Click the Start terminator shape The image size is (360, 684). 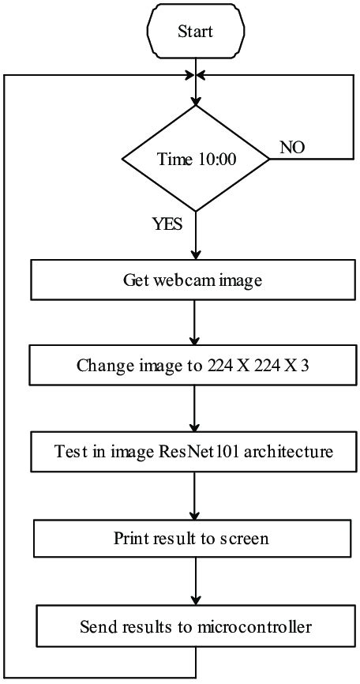click(194, 32)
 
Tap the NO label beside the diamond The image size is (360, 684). click(293, 148)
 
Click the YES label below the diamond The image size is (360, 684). click(167, 224)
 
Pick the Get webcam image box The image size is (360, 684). click(194, 279)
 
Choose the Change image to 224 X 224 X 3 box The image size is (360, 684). click(194, 366)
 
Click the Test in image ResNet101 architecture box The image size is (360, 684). click(194, 453)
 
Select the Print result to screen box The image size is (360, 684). click(194, 539)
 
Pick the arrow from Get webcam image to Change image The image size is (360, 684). click(194, 322)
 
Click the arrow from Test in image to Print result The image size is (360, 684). click(194, 496)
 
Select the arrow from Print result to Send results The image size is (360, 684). click(194, 583)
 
